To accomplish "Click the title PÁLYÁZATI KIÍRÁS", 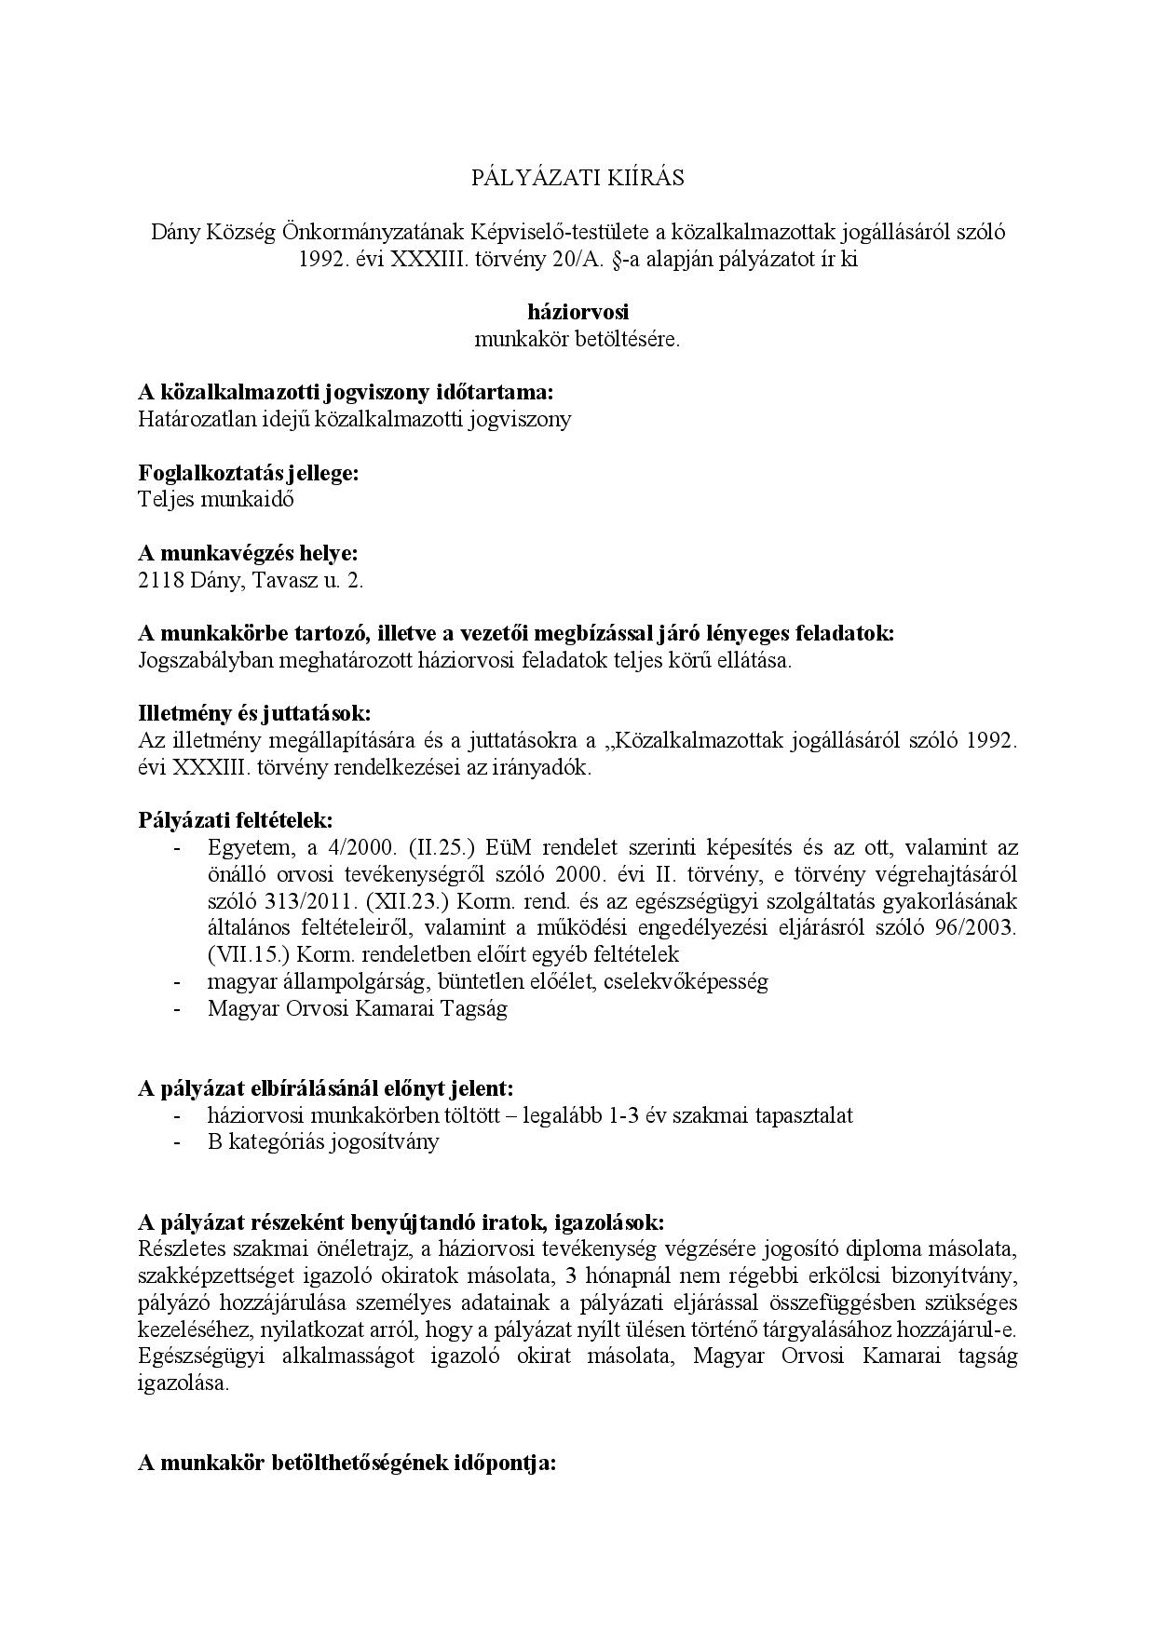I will pyautogui.click(x=577, y=178).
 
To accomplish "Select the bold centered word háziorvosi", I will pyautogui.click(x=577, y=313).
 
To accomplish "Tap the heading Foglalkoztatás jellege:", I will pyautogui.click(x=249, y=473).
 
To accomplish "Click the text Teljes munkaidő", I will pyautogui.click(x=216, y=499).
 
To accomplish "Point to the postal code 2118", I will pyautogui.click(x=159, y=581).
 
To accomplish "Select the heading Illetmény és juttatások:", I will pyautogui.click(x=254, y=713).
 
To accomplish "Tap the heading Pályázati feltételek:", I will pyautogui.click(x=235, y=820).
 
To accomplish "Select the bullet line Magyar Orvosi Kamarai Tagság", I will pyautogui.click(x=358, y=1009).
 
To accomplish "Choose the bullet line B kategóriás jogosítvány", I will pyautogui.click(x=323, y=1142).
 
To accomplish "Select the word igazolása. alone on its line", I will pyautogui.click(x=183, y=1383).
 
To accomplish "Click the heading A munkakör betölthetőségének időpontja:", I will pyautogui.click(x=346, y=1463).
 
